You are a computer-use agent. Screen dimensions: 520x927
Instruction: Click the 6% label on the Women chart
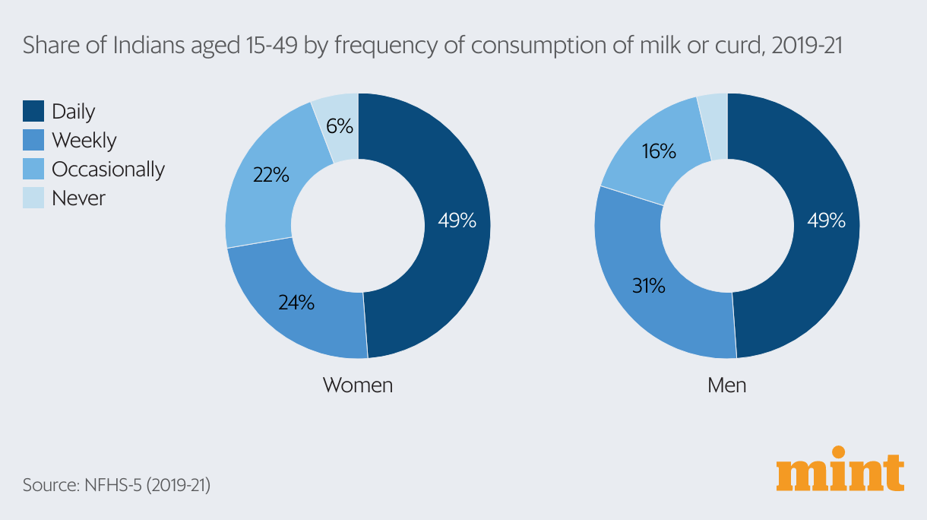[340, 126]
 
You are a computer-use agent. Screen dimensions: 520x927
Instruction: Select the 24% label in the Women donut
[296, 302]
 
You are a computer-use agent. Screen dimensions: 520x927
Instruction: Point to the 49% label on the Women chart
[457, 220]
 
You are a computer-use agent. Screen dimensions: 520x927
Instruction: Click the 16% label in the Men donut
[658, 151]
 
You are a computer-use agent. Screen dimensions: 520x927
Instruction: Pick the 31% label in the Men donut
[648, 286]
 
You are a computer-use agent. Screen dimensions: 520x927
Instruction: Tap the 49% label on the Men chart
[826, 220]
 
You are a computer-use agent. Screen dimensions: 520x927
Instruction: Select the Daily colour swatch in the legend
[33, 111]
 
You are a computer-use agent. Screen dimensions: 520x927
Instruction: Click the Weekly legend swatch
[33, 140]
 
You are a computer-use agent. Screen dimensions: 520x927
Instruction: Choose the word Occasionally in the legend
[108, 169]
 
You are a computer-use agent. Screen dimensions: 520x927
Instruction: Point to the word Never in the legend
[78, 198]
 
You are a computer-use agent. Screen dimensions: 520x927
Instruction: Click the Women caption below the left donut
[358, 385]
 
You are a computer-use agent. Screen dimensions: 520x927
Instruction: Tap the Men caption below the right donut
[726, 385]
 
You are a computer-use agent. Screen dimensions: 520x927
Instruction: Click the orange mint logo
[840, 474]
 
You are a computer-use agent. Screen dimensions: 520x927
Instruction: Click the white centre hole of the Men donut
[726, 226]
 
